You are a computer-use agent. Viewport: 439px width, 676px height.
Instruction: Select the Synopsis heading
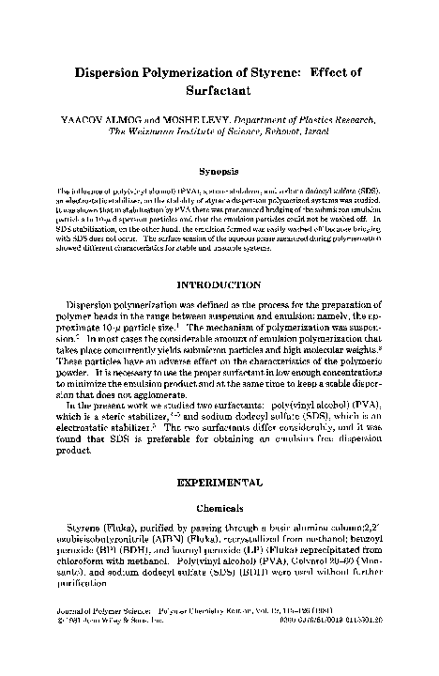219,172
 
